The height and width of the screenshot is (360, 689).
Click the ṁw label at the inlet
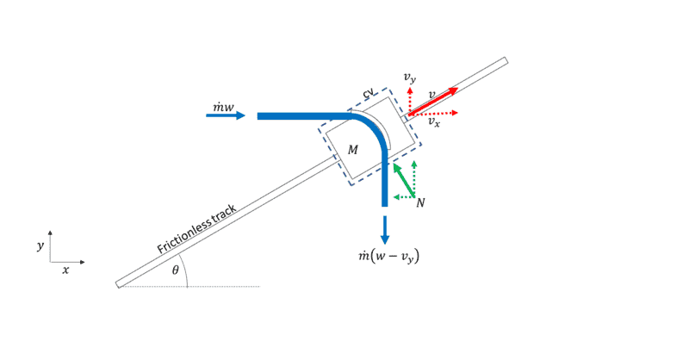(223, 107)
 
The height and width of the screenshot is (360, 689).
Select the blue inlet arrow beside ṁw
(226, 115)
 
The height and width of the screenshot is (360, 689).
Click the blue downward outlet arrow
(385, 229)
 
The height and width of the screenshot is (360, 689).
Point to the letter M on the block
(352, 150)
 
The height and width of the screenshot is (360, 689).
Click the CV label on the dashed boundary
(369, 93)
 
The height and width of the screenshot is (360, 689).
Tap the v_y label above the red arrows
(411, 78)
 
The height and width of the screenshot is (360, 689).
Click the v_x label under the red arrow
(435, 123)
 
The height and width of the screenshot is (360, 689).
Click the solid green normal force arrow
(402, 180)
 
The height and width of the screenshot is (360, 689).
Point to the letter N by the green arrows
(420, 202)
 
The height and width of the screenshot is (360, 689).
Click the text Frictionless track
(196, 230)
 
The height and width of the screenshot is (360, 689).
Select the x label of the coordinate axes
(65, 270)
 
